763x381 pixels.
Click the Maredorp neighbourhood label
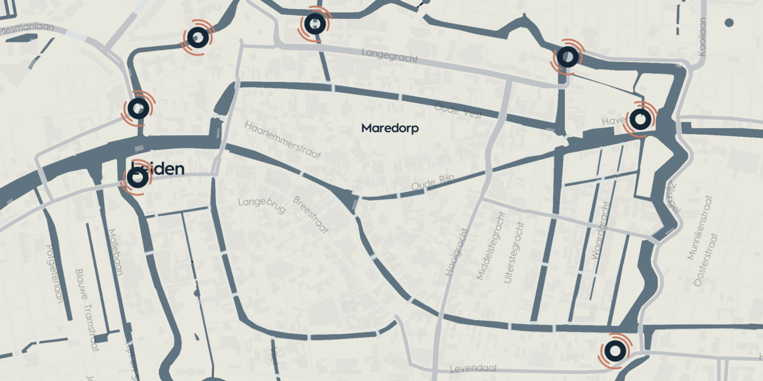click(x=390, y=128)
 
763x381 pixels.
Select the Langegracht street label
click(x=390, y=55)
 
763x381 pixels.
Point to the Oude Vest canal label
click(x=458, y=111)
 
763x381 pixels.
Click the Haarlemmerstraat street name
click(x=282, y=140)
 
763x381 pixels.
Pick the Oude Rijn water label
click(x=432, y=182)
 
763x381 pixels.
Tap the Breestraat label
click(x=311, y=214)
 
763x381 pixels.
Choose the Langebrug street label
click(x=262, y=204)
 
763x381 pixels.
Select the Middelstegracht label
click(x=491, y=246)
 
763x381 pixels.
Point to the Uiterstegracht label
click(x=514, y=252)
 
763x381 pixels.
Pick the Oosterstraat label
click(x=706, y=259)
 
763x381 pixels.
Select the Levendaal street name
click(x=473, y=368)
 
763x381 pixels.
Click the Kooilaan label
click(x=702, y=37)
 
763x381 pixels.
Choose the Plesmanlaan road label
click(x=26, y=28)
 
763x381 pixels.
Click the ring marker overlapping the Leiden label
click(x=138, y=178)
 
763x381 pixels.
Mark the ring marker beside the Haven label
click(x=640, y=120)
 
